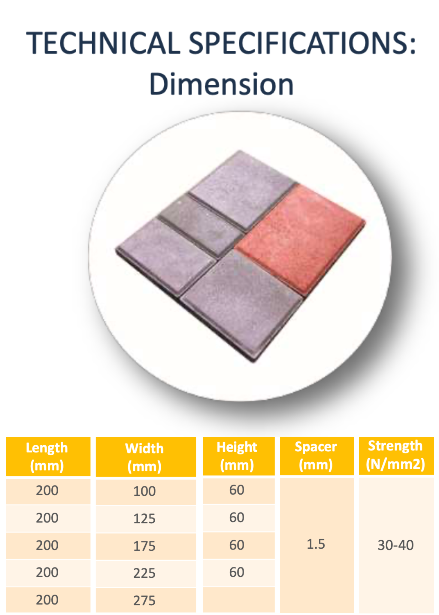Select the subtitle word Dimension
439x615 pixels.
[221, 84]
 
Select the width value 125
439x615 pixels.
[144, 519]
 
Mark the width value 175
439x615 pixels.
[144, 546]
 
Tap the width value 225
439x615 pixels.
[144, 573]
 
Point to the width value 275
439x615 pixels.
[144, 601]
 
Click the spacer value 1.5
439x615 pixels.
[316, 544]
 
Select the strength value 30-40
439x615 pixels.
[396, 545]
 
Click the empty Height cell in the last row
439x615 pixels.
[238, 600]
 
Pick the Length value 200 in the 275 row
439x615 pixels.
[47, 600]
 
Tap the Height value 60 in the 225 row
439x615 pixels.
[237, 572]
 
